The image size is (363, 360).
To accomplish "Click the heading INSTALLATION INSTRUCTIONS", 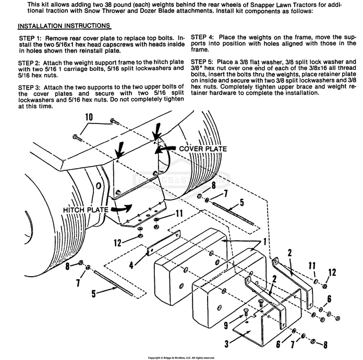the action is point(64,26).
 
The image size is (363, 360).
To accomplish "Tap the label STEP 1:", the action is point(30,38).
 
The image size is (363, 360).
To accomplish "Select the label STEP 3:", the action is point(29,88).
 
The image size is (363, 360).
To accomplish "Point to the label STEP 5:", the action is point(202,61).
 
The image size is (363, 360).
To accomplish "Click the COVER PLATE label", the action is point(203,148).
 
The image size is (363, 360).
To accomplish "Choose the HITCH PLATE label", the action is point(86,210).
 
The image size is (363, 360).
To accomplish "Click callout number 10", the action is point(89,117).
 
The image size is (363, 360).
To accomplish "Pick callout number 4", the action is point(131,265).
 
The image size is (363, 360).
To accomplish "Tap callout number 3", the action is point(226,343).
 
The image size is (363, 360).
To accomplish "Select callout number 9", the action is point(226,326).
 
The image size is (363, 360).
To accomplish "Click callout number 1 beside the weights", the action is point(265,242).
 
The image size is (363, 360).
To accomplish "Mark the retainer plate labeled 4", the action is point(163,243).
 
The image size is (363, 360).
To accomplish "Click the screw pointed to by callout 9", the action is point(246,314).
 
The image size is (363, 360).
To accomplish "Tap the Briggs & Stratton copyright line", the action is point(181,358).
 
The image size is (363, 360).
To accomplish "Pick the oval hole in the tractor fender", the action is point(99,185).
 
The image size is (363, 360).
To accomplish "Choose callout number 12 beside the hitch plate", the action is point(117,243).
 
